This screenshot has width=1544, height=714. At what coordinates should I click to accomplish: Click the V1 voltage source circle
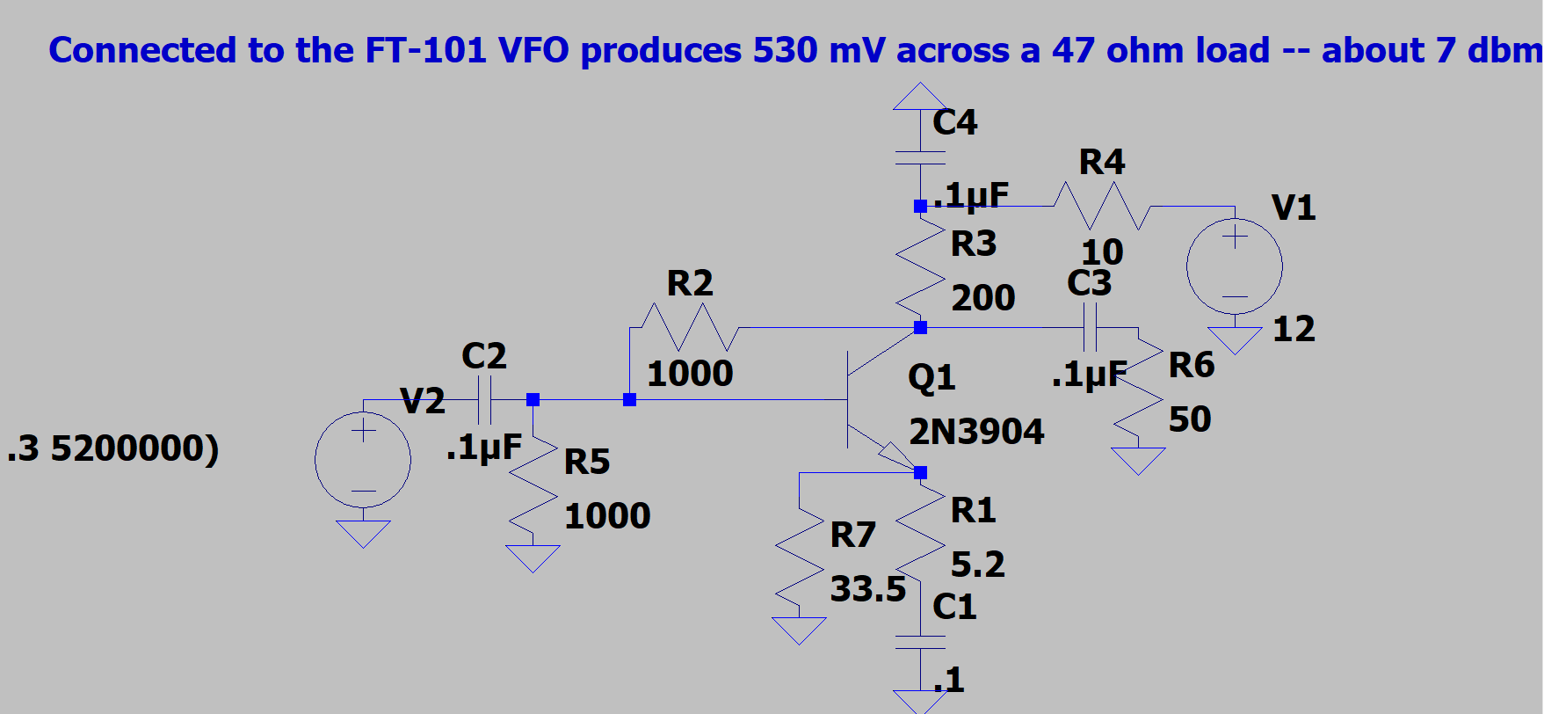click(1234, 266)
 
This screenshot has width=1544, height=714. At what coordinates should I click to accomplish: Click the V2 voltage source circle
click(363, 459)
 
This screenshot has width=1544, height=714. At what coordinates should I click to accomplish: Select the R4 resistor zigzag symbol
click(1102, 206)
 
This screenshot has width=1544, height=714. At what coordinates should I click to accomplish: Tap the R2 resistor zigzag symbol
click(690, 327)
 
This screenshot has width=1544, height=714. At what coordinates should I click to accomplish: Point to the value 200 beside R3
click(982, 298)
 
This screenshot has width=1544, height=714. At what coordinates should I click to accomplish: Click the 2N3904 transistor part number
click(976, 432)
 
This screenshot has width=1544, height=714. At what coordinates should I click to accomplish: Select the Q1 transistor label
click(931, 377)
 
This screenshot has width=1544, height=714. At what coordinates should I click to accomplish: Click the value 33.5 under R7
click(867, 589)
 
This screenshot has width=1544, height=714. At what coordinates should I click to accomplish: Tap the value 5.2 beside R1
click(977, 564)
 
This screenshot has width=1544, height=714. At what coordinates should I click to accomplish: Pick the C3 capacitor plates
click(1090, 328)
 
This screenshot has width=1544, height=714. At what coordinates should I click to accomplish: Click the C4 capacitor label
click(954, 122)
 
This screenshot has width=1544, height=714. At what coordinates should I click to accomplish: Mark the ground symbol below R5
click(533, 557)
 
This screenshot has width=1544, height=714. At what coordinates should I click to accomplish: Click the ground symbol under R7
click(799, 630)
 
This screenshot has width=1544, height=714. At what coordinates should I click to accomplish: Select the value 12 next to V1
click(1294, 329)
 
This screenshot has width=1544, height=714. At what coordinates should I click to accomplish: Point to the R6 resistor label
click(1191, 365)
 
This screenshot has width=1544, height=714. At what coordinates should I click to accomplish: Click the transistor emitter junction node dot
click(920, 473)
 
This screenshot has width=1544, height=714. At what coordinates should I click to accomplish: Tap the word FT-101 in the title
click(425, 50)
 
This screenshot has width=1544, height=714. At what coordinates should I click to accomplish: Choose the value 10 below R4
click(1102, 252)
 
